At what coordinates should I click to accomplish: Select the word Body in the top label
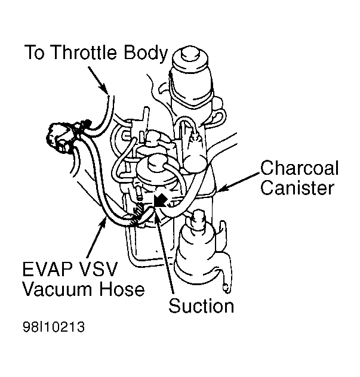pos(145,53)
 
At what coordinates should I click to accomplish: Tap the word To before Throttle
pos(35,53)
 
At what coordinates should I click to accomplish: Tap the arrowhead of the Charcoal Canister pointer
pos(219,190)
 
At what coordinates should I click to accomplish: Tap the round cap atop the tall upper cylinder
pos(189,54)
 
